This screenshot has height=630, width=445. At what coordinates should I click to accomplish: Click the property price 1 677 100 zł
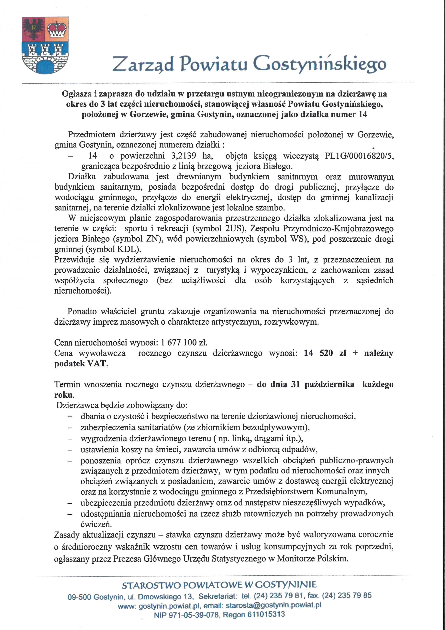tap(184, 342)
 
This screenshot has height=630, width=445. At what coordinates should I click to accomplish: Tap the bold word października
tap(329, 384)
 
